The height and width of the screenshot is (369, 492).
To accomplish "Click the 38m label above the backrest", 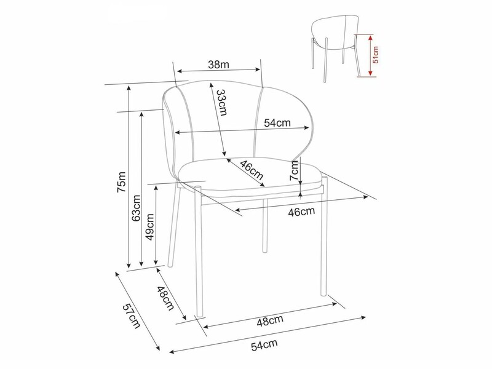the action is [218, 65].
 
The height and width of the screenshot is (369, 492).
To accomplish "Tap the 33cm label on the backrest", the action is [222, 102].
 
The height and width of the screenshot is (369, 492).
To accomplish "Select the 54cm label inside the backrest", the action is [277, 122].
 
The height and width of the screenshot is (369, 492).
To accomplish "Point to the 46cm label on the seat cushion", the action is [252, 170].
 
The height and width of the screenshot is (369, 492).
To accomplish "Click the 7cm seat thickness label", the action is [294, 170].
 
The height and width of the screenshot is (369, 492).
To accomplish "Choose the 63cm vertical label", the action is [136, 208].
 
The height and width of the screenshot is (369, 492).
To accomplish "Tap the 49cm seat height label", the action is [150, 227].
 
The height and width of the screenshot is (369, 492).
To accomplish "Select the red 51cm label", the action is [375, 55].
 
